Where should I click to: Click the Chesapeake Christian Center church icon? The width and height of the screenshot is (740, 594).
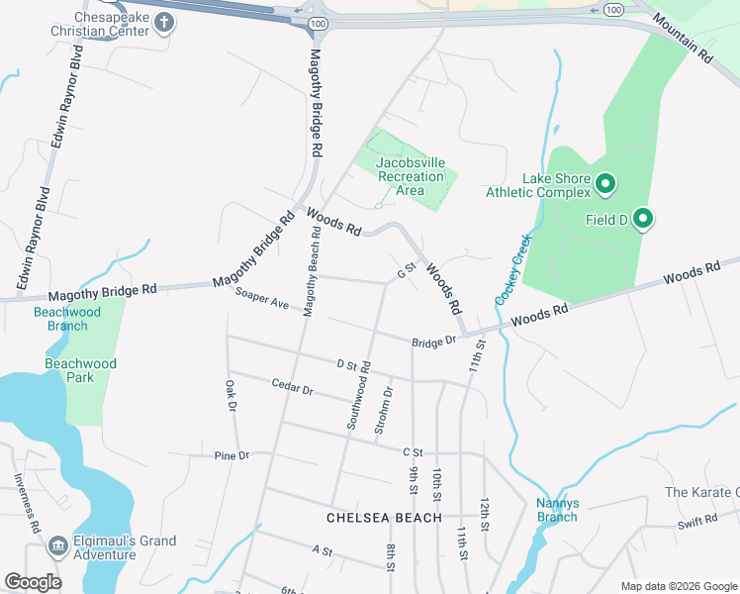[162, 25]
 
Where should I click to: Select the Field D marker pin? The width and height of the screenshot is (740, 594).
[643, 219]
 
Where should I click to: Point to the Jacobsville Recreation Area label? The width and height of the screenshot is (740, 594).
[411, 176]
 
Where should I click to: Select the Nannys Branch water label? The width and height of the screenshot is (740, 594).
[557, 509]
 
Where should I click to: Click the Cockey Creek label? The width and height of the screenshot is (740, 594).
[512, 268]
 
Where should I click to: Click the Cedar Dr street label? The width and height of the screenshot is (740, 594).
[292, 387]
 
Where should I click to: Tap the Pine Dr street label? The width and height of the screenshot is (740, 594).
[231, 455]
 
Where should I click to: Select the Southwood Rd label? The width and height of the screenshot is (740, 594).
[358, 394]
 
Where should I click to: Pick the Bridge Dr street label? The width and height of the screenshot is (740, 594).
[433, 341]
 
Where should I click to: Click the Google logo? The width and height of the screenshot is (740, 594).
[33, 581]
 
